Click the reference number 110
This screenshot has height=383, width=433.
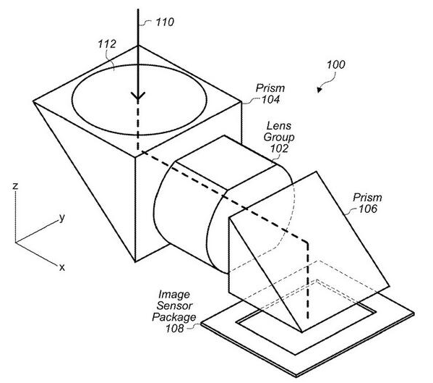click(x=165, y=22)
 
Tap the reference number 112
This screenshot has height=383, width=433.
click(x=107, y=44)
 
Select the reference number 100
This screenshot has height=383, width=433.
click(x=336, y=64)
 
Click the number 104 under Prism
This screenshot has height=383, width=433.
click(x=271, y=100)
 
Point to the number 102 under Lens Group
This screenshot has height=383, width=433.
click(x=279, y=148)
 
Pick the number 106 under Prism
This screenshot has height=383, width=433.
click(x=368, y=209)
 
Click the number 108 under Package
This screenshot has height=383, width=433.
click(x=174, y=329)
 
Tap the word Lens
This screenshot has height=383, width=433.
click(x=279, y=126)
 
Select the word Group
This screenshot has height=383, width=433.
click(x=279, y=137)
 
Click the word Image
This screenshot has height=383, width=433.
click(x=174, y=295)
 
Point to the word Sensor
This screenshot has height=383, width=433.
click(x=174, y=306)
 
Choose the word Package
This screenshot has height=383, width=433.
click(x=174, y=317)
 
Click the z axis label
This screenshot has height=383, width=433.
click(x=15, y=186)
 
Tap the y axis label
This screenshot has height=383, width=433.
click(x=62, y=218)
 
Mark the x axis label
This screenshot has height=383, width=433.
click(x=62, y=267)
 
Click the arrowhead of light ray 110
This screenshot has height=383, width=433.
click(x=138, y=96)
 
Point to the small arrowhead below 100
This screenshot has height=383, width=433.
click(x=320, y=90)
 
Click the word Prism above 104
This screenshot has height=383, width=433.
click(x=270, y=88)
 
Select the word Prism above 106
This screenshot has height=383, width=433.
click(x=367, y=198)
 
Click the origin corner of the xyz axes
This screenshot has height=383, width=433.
click(x=15, y=243)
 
